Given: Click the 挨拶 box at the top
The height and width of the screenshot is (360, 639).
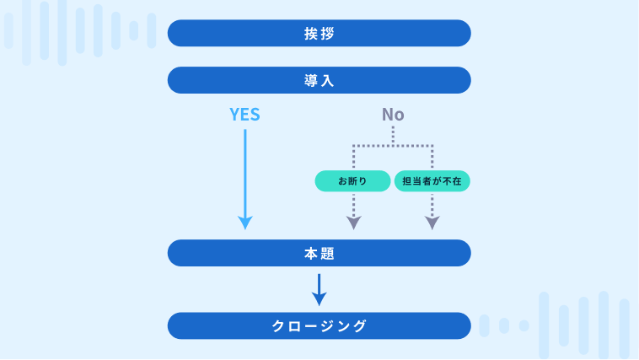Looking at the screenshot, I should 319,34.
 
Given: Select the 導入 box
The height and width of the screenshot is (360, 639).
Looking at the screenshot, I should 319,81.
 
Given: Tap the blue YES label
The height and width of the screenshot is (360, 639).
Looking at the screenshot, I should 244,115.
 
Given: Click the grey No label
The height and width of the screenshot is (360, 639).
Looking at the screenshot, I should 393,115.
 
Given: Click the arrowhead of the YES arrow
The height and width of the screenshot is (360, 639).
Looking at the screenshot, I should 244,223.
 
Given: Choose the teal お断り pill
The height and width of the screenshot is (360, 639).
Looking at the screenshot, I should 353,181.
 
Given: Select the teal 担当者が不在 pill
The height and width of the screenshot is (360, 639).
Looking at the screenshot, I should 432,181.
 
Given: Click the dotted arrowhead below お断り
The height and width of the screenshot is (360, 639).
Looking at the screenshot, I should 353,223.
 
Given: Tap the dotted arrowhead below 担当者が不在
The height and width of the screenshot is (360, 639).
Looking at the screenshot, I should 432,223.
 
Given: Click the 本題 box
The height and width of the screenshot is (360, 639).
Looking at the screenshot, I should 319,253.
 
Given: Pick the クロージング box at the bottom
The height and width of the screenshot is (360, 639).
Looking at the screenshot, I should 319,325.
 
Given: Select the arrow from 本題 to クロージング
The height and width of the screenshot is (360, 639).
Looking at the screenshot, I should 319,288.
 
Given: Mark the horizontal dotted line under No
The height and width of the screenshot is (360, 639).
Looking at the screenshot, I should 393,146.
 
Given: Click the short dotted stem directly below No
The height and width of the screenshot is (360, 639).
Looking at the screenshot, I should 393,136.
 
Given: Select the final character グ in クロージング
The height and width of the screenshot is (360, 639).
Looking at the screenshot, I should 361,325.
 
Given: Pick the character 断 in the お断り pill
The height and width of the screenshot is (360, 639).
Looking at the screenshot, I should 353,181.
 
